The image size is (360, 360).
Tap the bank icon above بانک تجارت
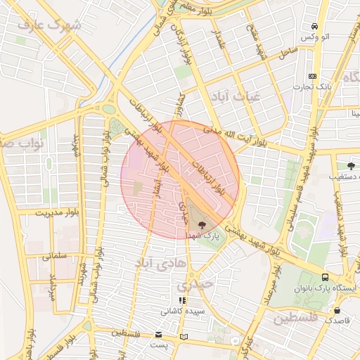click(x=313, y=76)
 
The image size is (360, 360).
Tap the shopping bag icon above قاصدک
click(x=337, y=309)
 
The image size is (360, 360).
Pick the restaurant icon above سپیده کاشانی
click(x=182, y=300)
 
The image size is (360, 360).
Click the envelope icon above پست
click(x=158, y=333)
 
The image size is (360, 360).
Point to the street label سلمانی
click(x=56, y=257)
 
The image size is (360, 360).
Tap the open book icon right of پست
click(x=184, y=337)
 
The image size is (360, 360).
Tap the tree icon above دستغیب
click(x=342, y=165)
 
